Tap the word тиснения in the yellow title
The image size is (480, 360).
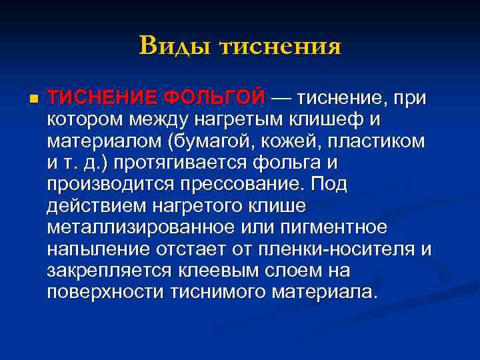(280, 46)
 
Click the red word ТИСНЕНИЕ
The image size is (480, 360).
(102, 98)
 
